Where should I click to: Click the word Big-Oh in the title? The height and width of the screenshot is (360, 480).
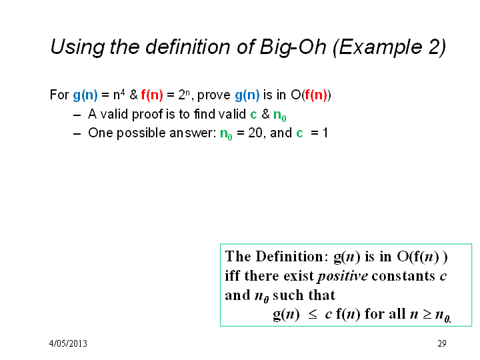coord(293,47)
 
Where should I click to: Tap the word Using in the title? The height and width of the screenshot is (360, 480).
coord(77,47)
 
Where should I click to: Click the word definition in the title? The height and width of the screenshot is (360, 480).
coord(187,47)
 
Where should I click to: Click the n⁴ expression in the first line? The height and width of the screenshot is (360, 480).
coord(119,95)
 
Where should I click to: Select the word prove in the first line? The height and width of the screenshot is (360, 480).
coord(214,95)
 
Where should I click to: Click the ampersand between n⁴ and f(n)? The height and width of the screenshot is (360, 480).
coord(133,95)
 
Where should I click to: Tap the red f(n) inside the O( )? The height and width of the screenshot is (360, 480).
coord(316,95)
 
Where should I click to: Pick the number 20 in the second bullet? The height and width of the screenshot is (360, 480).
coord(255,133)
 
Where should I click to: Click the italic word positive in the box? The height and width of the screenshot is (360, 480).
coord(343,276)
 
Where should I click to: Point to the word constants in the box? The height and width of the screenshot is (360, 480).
coord(403,276)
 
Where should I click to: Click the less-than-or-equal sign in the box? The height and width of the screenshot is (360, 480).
coord(312,315)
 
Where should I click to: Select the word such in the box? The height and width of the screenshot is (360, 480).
coord(288,295)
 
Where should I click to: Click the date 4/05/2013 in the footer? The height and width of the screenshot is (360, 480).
coord(68,343)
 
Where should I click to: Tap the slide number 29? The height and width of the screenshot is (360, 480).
coord(442,343)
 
